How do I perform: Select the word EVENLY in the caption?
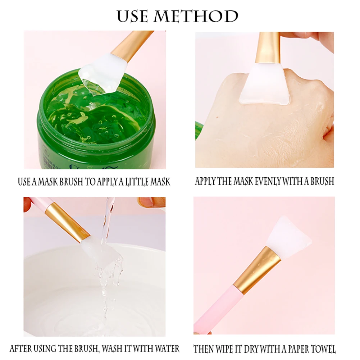pos(264,182)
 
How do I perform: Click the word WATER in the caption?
pos(167,348)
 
